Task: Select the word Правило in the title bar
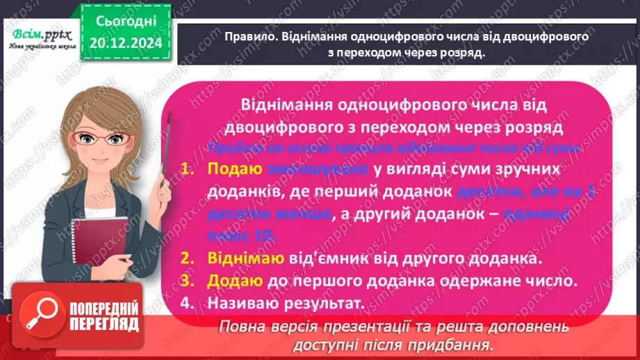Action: click(x=251, y=37)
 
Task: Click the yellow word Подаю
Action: click(x=234, y=170)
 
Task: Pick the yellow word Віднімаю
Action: click(x=245, y=259)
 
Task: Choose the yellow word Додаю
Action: click(x=235, y=281)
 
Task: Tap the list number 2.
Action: click(x=186, y=259)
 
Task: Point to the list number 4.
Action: click(x=186, y=304)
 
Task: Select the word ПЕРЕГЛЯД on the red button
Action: click(x=105, y=324)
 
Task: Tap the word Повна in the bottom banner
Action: click(x=241, y=327)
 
